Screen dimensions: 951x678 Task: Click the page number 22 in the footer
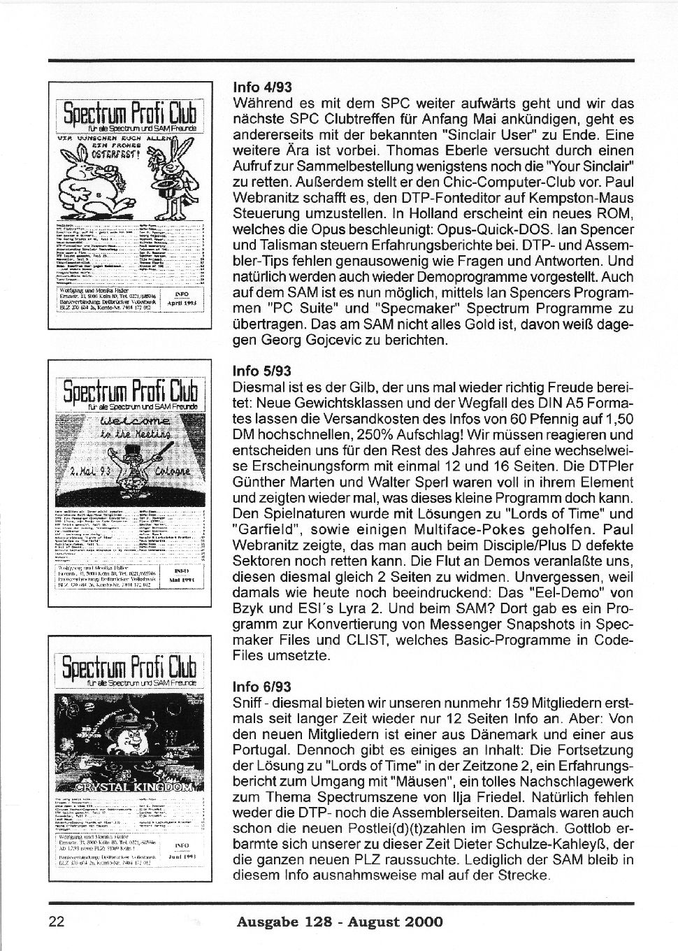[x=57, y=922]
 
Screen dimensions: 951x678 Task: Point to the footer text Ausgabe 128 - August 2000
[x=340, y=922]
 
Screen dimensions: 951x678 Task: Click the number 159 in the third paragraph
[x=466, y=703]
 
